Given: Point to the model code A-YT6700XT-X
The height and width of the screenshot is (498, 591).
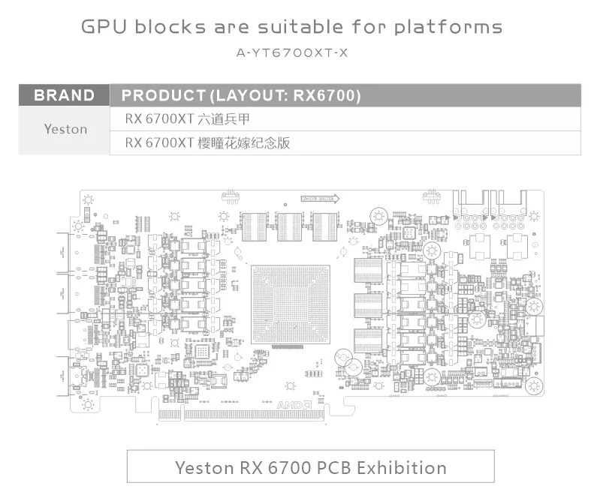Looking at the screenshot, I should (292, 52).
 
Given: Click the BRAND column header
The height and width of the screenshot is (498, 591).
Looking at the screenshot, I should (65, 96).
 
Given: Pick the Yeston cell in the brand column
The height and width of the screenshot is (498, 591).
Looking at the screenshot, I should (65, 129).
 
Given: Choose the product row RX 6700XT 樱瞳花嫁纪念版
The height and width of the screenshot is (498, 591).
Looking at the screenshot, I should (207, 142).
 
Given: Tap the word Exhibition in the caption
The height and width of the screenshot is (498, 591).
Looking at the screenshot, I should (402, 467).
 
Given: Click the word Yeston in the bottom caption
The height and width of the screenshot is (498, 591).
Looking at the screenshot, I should (204, 467).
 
